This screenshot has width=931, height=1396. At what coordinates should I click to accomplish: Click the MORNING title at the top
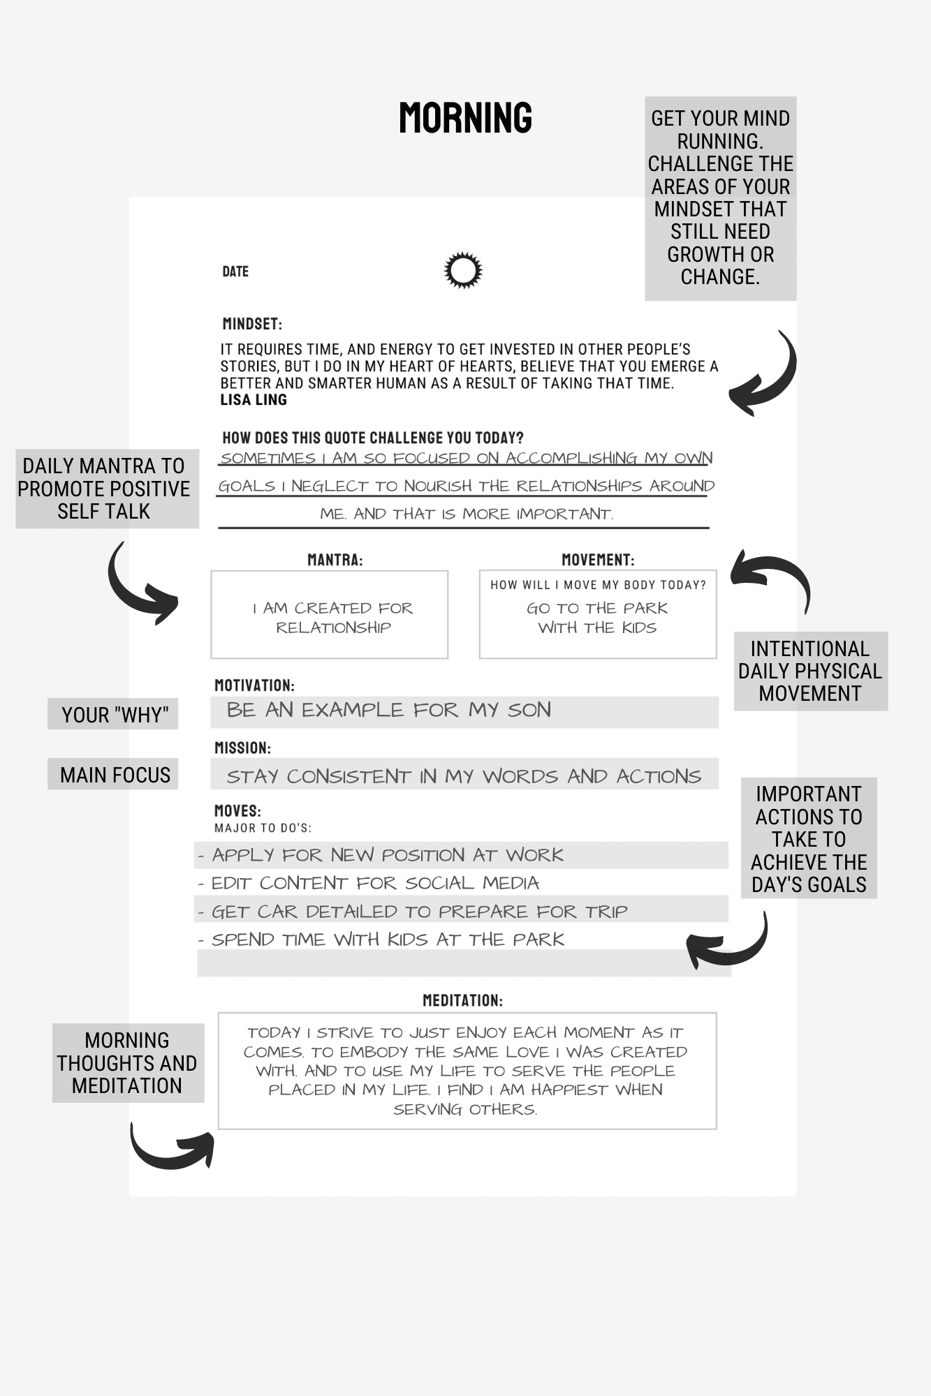click(x=465, y=117)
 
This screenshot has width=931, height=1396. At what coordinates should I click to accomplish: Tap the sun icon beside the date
click(x=463, y=270)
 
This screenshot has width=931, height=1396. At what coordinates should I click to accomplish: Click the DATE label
click(x=235, y=272)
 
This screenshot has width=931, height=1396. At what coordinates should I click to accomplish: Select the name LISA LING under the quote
click(x=254, y=400)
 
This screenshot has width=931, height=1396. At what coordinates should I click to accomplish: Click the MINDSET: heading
click(x=252, y=324)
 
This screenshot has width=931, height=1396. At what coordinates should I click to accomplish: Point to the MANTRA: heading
click(x=335, y=560)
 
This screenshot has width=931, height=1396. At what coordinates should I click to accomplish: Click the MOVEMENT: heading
click(x=598, y=560)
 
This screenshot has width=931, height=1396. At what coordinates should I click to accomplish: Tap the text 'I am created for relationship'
click(x=333, y=618)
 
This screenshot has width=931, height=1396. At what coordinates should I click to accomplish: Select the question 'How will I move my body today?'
click(x=598, y=585)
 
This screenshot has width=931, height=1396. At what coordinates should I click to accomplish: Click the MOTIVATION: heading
click(x=254, y=685)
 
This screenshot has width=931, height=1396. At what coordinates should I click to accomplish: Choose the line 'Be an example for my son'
click(x=389, y=711)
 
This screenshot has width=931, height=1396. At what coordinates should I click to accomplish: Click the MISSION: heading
click(x=242, y=748)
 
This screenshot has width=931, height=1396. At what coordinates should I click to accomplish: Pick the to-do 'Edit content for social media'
click(x=375, y=883)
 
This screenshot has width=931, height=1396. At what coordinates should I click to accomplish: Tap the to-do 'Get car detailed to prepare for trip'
click(x=419, y=912)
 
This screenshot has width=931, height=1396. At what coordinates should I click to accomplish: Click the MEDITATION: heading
click(x=462, y=1000)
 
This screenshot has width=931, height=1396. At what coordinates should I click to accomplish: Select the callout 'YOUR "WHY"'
click(x=114, y=715)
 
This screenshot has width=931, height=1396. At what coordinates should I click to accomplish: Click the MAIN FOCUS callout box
click(x=114, y=775)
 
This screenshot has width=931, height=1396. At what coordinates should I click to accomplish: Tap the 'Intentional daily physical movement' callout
click(x=810, y=671)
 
